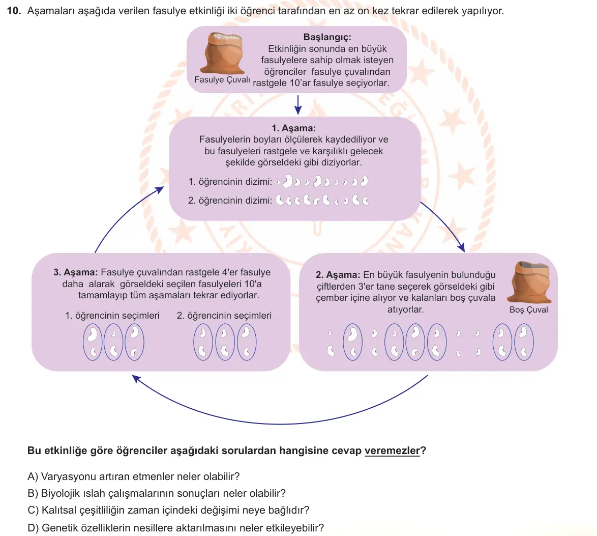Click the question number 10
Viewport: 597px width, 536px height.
pos(13,11)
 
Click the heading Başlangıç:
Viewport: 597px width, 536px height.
pos(327,37)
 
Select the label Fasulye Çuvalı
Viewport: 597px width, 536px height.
pos(222,80)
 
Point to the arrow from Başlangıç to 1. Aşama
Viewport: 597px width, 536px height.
pos(298,105)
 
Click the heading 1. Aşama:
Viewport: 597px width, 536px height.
pos(293,128)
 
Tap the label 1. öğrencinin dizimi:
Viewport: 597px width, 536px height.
pos(230,182)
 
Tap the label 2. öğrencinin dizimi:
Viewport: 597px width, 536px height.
pos(230,201)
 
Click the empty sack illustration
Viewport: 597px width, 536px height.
pos(529,283)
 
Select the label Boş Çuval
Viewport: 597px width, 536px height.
pos(528,309)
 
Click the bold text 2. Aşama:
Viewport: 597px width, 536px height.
pos(338,275)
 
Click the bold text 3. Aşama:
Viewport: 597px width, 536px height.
pos(75,272)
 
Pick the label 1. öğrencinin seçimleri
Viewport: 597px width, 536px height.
pos(112,316)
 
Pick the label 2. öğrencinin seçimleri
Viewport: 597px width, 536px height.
pos(224,316)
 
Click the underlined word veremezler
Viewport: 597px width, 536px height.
pos(392,450)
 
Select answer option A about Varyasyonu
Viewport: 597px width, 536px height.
pos(134,476)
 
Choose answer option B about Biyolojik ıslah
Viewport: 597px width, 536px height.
pos(157,493)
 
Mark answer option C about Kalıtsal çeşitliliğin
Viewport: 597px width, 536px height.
pos(168,510)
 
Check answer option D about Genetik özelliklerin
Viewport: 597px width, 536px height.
pos(175,528)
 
